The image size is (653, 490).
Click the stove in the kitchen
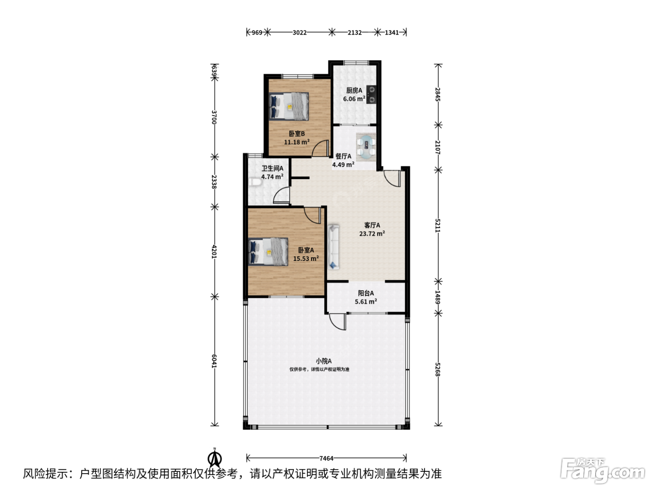click(x=371, y=94)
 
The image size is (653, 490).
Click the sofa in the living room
click(x=333, y=247)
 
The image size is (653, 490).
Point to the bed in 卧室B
click(x=289, y=106)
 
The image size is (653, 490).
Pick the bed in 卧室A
click(x=268, y=252)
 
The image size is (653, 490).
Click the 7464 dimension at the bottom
click(x=326, y=458)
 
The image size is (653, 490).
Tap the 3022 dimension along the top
click(x=299, y=32)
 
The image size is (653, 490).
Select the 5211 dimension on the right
click(x=438, y=225)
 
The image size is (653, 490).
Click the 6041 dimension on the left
click(x=214, y=361)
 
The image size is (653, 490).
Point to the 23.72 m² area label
click(x=372, y=233)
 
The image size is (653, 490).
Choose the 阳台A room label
click(x=366, y=293)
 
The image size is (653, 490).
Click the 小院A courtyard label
click(x=323, y=361)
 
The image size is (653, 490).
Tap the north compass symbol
click(x=215, y=458)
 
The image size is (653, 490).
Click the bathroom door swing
click(x=281, y=195)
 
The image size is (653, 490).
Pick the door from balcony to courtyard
click(x=338, y=322)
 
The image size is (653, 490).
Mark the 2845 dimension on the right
click(x=438, y=94)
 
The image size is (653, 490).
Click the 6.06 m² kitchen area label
click(x=354, y=99)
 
